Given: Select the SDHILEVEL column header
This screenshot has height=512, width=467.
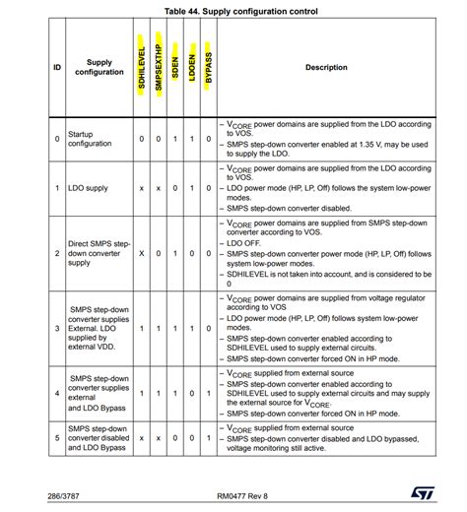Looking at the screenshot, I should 142,68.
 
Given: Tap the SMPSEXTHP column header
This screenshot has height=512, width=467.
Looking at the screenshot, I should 159,68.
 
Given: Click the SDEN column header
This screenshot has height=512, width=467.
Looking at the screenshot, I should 175,68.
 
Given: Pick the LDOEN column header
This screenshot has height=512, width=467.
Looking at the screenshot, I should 192,68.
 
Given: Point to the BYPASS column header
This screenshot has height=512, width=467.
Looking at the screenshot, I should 209,68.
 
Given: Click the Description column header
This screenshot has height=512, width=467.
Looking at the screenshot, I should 326,68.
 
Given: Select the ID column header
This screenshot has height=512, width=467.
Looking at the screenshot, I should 57,68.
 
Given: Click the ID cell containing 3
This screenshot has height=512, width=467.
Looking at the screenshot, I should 57,327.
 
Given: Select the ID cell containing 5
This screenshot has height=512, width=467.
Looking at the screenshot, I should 57,438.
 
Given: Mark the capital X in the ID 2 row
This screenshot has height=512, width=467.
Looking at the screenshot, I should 142,253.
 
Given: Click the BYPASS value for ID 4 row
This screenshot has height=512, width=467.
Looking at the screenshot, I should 209,392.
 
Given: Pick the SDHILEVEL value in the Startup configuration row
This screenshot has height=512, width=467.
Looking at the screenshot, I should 142,139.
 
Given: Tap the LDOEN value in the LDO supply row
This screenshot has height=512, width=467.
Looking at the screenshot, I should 192,187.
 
